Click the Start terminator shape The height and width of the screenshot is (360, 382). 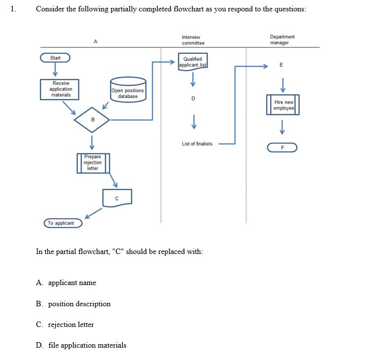pos(55,58)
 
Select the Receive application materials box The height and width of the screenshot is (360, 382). pos(61,89)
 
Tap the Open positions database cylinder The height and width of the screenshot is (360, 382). pos(128,90)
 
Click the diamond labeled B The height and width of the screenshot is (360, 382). pos(92,119)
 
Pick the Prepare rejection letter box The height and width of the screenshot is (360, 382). pos(93,163)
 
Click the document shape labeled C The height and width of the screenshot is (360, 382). pos(117,198)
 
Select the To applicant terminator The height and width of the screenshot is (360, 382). pos(63,223)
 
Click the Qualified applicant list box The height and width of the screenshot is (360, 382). pos(193,62)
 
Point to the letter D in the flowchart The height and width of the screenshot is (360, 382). pos(193,99)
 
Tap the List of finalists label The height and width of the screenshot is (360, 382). pos(197,144)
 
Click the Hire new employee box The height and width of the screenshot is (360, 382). pos(283,105)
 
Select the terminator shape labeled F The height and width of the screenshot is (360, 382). pos(282,147)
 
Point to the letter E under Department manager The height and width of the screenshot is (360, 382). pos(281,66)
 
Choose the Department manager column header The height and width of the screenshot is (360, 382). pos(282,40)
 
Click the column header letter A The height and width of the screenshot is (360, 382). pos(95,42)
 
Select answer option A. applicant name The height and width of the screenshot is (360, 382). pos(67,283)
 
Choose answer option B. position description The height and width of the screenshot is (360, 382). pos(73,304)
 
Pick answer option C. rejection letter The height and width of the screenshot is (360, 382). pos(65,324)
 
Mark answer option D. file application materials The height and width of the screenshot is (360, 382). pos(81,345)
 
